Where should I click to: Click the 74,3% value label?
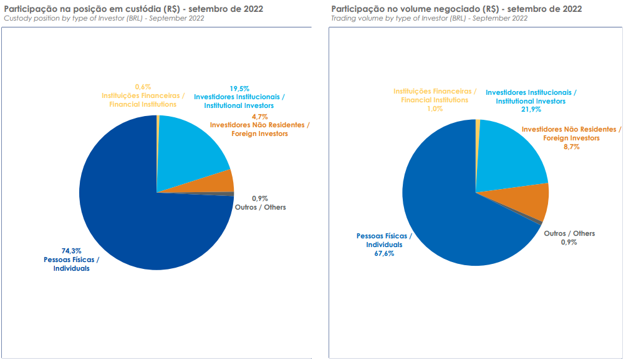71,251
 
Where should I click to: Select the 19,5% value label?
239,89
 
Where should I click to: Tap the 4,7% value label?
259,117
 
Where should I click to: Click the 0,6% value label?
143,87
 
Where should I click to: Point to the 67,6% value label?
384,254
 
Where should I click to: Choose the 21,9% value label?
531,109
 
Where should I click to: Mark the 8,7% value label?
571,147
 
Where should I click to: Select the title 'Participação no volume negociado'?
456,9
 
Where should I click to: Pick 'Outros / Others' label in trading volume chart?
569,233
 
